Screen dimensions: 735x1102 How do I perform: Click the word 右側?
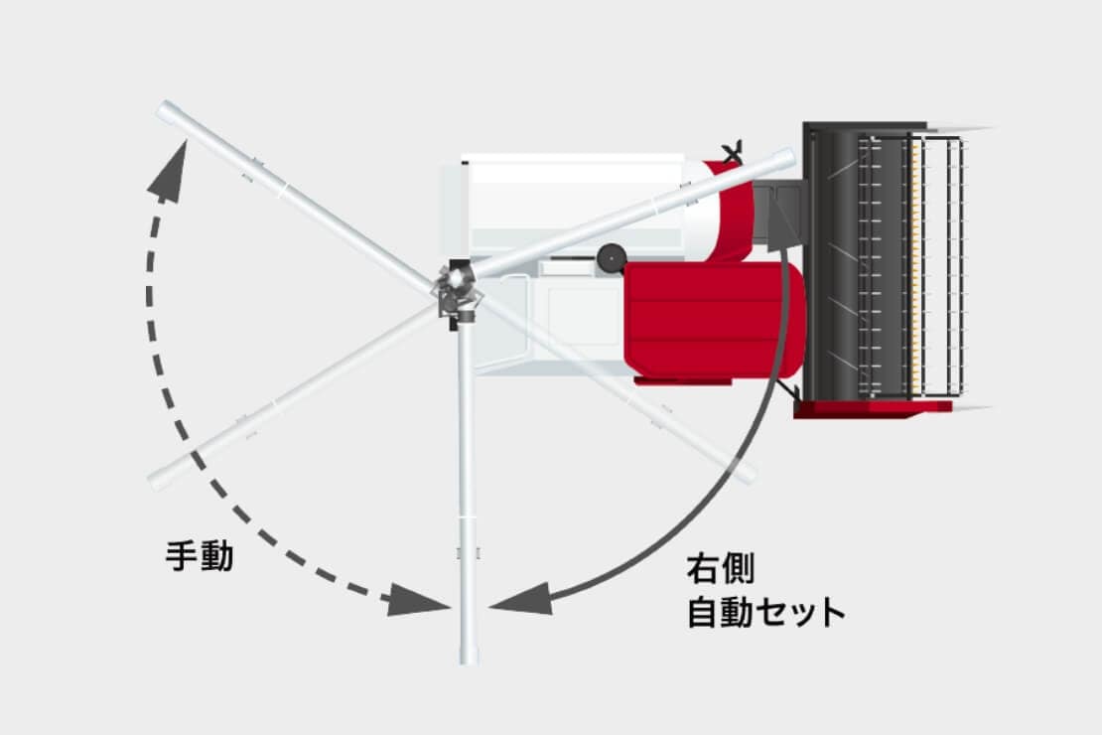click(721, 570)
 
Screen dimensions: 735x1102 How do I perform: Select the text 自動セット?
click(765, 612)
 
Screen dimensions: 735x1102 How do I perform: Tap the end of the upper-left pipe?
click(166, 110)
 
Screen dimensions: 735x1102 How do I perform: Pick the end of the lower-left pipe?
click(158, 482)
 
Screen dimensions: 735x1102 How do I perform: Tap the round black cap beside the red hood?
click(610, 258)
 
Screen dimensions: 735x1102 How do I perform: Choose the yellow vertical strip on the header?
click(915, 263)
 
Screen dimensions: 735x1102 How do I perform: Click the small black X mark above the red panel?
click(734, 152)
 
